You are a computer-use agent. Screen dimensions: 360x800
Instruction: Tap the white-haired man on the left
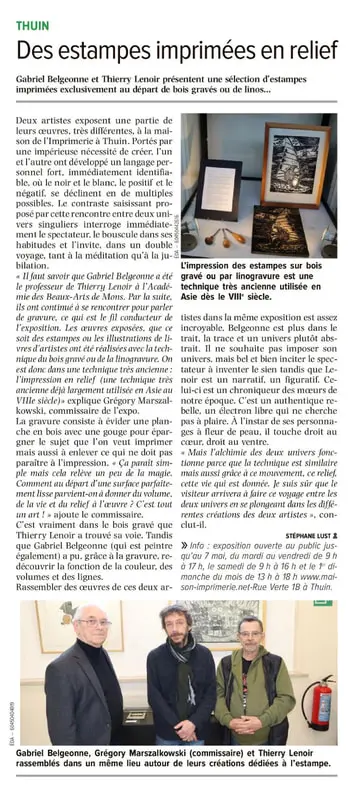(88, 680)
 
